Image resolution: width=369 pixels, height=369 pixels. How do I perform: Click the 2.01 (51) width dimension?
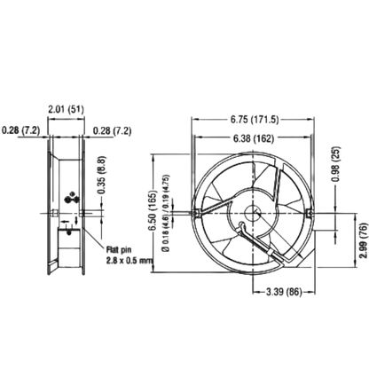coord(66,109)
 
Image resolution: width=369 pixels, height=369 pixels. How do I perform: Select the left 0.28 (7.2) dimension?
coord(20,130)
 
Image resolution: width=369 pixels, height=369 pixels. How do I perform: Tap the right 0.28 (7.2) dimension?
coord(113,130)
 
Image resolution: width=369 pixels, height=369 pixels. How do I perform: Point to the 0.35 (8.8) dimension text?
coord(101,175)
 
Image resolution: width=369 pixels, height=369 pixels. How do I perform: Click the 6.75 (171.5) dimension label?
coord(255,120)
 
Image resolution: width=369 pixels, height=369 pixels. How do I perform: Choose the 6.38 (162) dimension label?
coord(254,138)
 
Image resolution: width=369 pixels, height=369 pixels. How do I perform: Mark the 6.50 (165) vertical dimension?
coord(153,210)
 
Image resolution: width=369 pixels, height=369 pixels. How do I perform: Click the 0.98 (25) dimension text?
coord(336,164)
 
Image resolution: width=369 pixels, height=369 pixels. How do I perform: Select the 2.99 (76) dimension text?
coord(364,240)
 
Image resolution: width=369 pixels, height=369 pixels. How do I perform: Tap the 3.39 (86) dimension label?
coord(284,293)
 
